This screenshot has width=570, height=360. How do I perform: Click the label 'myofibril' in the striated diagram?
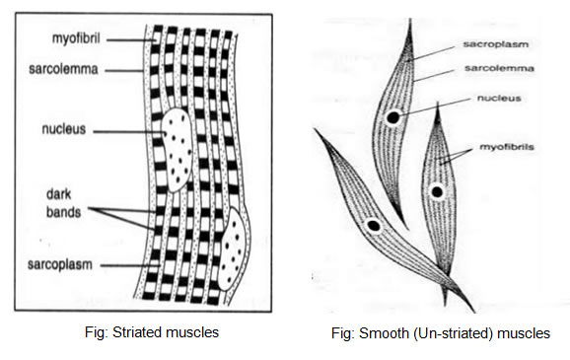click(76, 38)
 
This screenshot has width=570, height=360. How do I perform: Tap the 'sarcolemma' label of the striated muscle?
click(64, 69)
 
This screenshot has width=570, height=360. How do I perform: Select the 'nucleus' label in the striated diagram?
click(64, 129)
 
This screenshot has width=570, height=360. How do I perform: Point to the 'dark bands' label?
click(64, 203)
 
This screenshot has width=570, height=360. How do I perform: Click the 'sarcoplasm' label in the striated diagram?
click(60, 264)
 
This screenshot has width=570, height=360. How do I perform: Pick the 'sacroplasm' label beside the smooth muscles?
click(495, 44)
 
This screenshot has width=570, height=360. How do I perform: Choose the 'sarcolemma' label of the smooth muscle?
click(499, 68)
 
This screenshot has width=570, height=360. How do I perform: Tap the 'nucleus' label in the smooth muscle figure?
click(499, 99)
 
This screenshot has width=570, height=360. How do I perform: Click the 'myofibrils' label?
click(507, 147)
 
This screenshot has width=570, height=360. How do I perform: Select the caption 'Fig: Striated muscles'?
click(152, 332)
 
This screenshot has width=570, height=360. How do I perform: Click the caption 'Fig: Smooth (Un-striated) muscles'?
click(441, 333)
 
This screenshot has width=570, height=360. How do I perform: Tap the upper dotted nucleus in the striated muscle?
click(177, 150)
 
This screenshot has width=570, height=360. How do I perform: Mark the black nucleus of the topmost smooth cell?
click(392, 117)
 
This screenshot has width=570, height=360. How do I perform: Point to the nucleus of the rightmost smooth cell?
click(437, 191)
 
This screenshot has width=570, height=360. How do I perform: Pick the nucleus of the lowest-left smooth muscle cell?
click(374, 226)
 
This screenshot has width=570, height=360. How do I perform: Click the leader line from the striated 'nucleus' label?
click(129, 131)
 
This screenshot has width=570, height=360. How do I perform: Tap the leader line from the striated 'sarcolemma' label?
click(123, 71)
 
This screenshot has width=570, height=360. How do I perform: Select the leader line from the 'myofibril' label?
click(131, 40)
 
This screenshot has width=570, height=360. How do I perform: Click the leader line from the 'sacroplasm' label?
click(431, 54)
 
